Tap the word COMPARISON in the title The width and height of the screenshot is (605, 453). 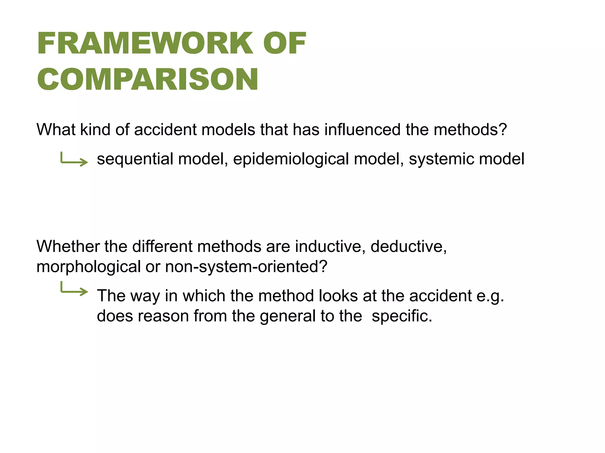[148, 79]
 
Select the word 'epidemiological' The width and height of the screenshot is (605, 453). [291, 159]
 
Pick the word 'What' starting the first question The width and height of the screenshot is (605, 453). [56, 130]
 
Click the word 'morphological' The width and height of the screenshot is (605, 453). [88, 267]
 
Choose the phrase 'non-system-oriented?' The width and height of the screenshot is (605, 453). [246, 267]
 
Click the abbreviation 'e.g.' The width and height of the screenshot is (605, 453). [490, 296]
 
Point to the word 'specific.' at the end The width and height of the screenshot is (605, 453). [402, 316]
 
